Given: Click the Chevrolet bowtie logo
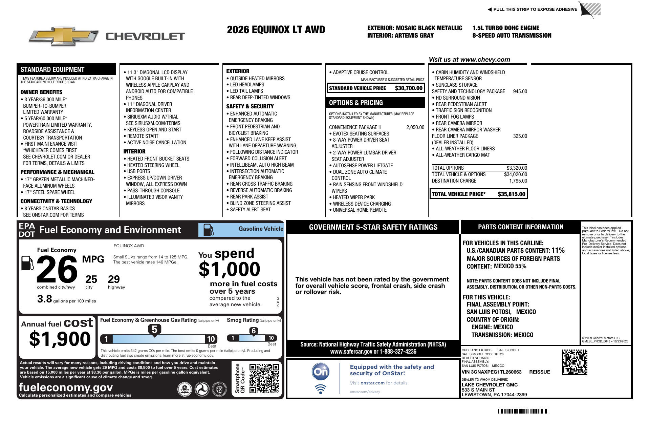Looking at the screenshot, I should (x=64, y=36).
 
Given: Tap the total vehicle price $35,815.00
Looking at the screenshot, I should (x=511, y=194).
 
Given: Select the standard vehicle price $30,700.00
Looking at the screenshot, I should (x=409, y=88).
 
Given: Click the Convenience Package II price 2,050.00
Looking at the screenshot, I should (x=415, y=127).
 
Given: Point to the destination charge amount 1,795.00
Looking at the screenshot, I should (x=518, y=181).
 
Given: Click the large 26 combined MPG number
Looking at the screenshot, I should (x=57, y=270).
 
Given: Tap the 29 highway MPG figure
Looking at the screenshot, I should (x=114, y=279).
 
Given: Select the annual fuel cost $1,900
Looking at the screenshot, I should (x=60, y=339).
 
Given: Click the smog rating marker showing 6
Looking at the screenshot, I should (x=254, y=331).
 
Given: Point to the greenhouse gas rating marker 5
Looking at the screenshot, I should (x=154, y=330).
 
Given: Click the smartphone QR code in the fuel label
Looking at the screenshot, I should (x=264, y=378).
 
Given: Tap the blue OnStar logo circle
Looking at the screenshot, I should (x=320, y=372).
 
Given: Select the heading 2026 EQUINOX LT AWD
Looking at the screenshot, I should (x=276, y=30).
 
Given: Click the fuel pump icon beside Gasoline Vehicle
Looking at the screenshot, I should (x=208, y=230).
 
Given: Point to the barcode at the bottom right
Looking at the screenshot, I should (x=523, y=411).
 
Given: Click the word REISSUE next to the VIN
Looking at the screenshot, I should (x=539, y=372).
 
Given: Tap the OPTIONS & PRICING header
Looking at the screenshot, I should (x=356, y=103).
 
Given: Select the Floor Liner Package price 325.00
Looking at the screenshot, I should (x=520, y=136).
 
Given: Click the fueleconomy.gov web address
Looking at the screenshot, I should (x=66, y=387).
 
